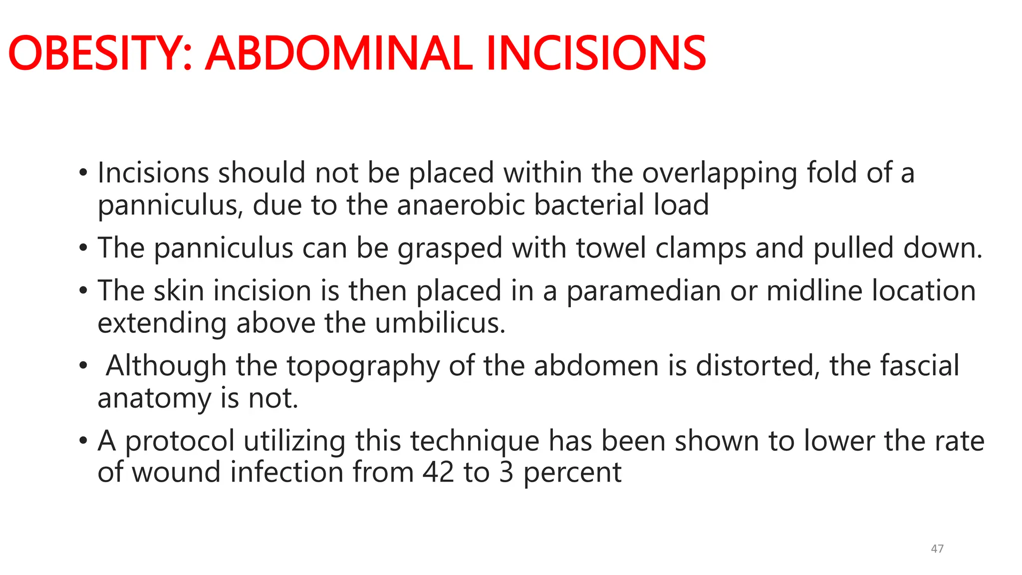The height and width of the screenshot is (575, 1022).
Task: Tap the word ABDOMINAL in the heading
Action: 339,53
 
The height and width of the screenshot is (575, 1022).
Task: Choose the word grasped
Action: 450,249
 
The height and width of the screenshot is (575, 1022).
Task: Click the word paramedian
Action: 644,291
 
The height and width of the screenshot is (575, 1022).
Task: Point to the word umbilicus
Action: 440,323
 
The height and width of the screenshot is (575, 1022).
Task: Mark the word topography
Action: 363,366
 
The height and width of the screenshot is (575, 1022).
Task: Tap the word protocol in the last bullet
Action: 180,442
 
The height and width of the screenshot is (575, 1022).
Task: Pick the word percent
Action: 572,473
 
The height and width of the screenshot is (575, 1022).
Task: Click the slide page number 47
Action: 937,549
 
